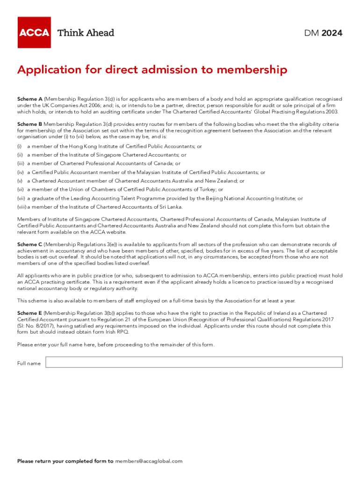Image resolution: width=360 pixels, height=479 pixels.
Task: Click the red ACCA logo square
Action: [34, 32]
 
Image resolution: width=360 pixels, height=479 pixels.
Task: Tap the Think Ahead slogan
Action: [86, 33]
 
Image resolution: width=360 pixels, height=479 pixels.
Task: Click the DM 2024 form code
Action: [323, 33]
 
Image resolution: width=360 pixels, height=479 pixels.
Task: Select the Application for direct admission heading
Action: [152, 70]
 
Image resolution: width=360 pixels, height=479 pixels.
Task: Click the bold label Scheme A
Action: [30, 99]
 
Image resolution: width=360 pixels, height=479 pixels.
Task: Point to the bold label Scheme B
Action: [30, 124]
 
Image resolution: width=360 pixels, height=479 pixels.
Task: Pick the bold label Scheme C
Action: [30, 245]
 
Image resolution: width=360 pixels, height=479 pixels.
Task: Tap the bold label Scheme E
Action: [30, 313]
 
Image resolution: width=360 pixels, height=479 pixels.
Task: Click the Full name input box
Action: [194, 362]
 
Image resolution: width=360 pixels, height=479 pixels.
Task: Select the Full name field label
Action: [29, 363]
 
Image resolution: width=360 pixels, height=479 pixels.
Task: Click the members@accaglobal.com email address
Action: [149, 461]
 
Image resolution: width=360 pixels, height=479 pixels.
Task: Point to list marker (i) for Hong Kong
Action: [20, 146]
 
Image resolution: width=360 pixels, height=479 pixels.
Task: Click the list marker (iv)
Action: [20, 173]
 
